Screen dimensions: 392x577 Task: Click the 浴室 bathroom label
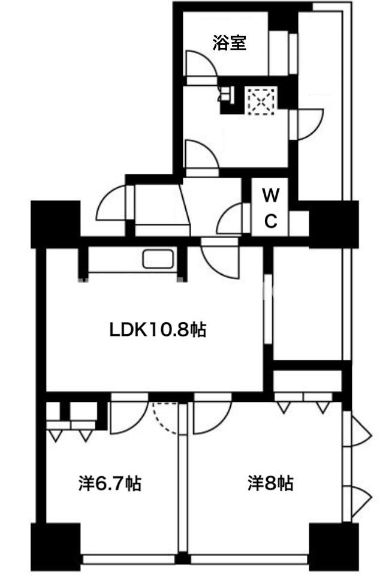pos(229,43)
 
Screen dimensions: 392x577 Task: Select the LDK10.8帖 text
pos(158,329)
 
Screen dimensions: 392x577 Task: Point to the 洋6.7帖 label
pos(110,483)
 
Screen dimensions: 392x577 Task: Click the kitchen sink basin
pos(158,259)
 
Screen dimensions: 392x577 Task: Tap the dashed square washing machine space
pos(261,101)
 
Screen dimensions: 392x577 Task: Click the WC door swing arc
pos(230,218)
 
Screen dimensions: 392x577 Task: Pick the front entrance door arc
pos(110,202)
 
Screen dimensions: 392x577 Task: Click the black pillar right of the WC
pos(334,224)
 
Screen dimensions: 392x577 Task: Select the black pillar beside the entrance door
pos(56,224)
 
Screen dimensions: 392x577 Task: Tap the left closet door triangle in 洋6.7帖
pos(55,435)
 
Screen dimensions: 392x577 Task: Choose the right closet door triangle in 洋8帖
pos(322,407)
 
